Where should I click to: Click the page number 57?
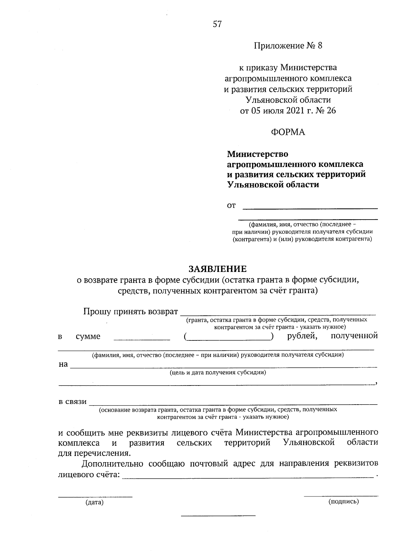pyautogui.click(x=217, y=24)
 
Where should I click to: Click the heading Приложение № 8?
pyautogui.click(x=288, y=45)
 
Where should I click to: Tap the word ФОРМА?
pyautogui.click(x=288, y=132)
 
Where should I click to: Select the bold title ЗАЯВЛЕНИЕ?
pyautogui.click(x=217, y=269)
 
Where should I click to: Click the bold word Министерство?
pyautogui.click(x=257, y=154)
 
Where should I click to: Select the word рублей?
pyautogui.click(x=302, y=336)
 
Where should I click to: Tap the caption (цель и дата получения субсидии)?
pyautogui.click(x=218, y=373)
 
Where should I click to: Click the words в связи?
pyautogui.click(x=73, y=402)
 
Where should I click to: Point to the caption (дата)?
pyautogui.click(x=94, y=503)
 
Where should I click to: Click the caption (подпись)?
pyautogui.click(x=343, y=502)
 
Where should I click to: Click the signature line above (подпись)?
pyautogui.click(x=341, y=495)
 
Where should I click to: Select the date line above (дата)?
pyautogui.click(x=95, y=496)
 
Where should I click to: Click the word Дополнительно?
pyautogui.click(x=112, y=464)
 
